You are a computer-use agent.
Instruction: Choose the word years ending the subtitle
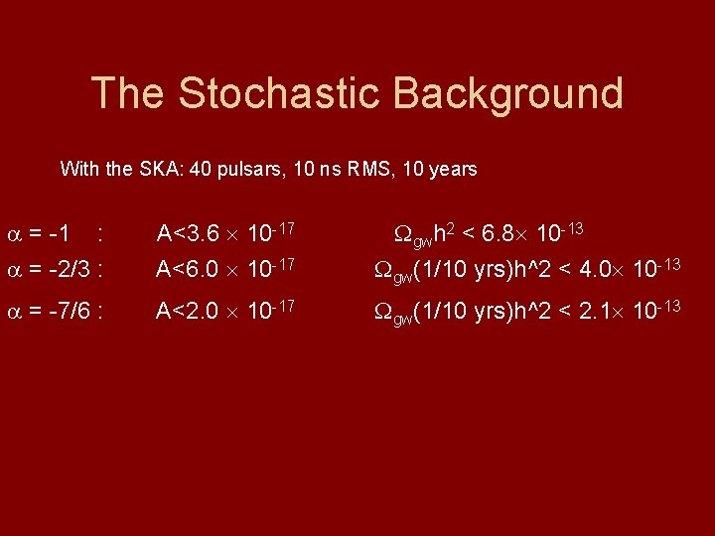(x=453, y=169)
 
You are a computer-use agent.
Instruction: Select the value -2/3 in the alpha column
(x=71, y=270)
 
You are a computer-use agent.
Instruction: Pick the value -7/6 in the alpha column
(x=71, y=312)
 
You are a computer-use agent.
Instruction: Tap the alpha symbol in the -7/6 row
(x=13, y=313)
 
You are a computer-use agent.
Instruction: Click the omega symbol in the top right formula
(x=404, y=235)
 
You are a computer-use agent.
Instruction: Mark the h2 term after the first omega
(x=447, y=233)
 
